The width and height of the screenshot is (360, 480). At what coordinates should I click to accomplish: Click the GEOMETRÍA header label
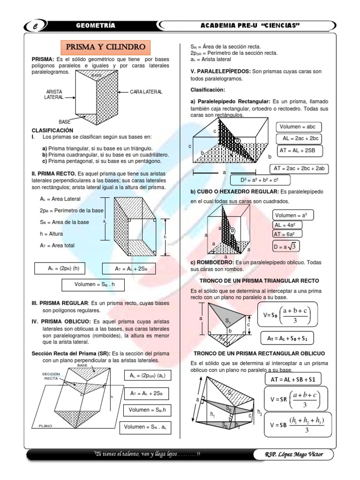pyautogui.click(x=96, y=25)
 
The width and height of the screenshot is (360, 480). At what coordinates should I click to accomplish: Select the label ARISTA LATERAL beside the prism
pyautogui.click(x=54, y=95)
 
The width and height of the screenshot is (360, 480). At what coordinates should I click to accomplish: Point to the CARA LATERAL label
pyautogui.click(x=146, y=92)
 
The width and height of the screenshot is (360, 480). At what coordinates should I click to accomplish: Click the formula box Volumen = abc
pyautogui.click(x=299, y=127)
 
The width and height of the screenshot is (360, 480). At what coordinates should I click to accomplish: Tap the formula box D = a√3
pyautogui.click(x=286, y=247)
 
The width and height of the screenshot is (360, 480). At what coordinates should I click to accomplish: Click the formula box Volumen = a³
pyautogui.click(x=293, y=215)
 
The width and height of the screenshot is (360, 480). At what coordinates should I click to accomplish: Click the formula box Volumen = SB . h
pyautogui.click(x=94, y=285)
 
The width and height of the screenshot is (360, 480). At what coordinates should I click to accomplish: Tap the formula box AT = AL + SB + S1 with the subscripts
pyautogui.click(x=290, y=337)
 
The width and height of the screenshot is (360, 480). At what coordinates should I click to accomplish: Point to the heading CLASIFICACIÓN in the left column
pyautogui.click(x=52, y=129)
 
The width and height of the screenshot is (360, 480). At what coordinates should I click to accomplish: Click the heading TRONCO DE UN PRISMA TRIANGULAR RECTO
pyautogui.click(x=259, y=280)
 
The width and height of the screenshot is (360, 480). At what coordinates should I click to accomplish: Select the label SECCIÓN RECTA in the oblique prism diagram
pyautogui.click(x=51, y=376)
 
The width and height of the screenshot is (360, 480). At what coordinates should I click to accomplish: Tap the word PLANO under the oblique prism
pyautogui.click(x=46, y=426)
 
